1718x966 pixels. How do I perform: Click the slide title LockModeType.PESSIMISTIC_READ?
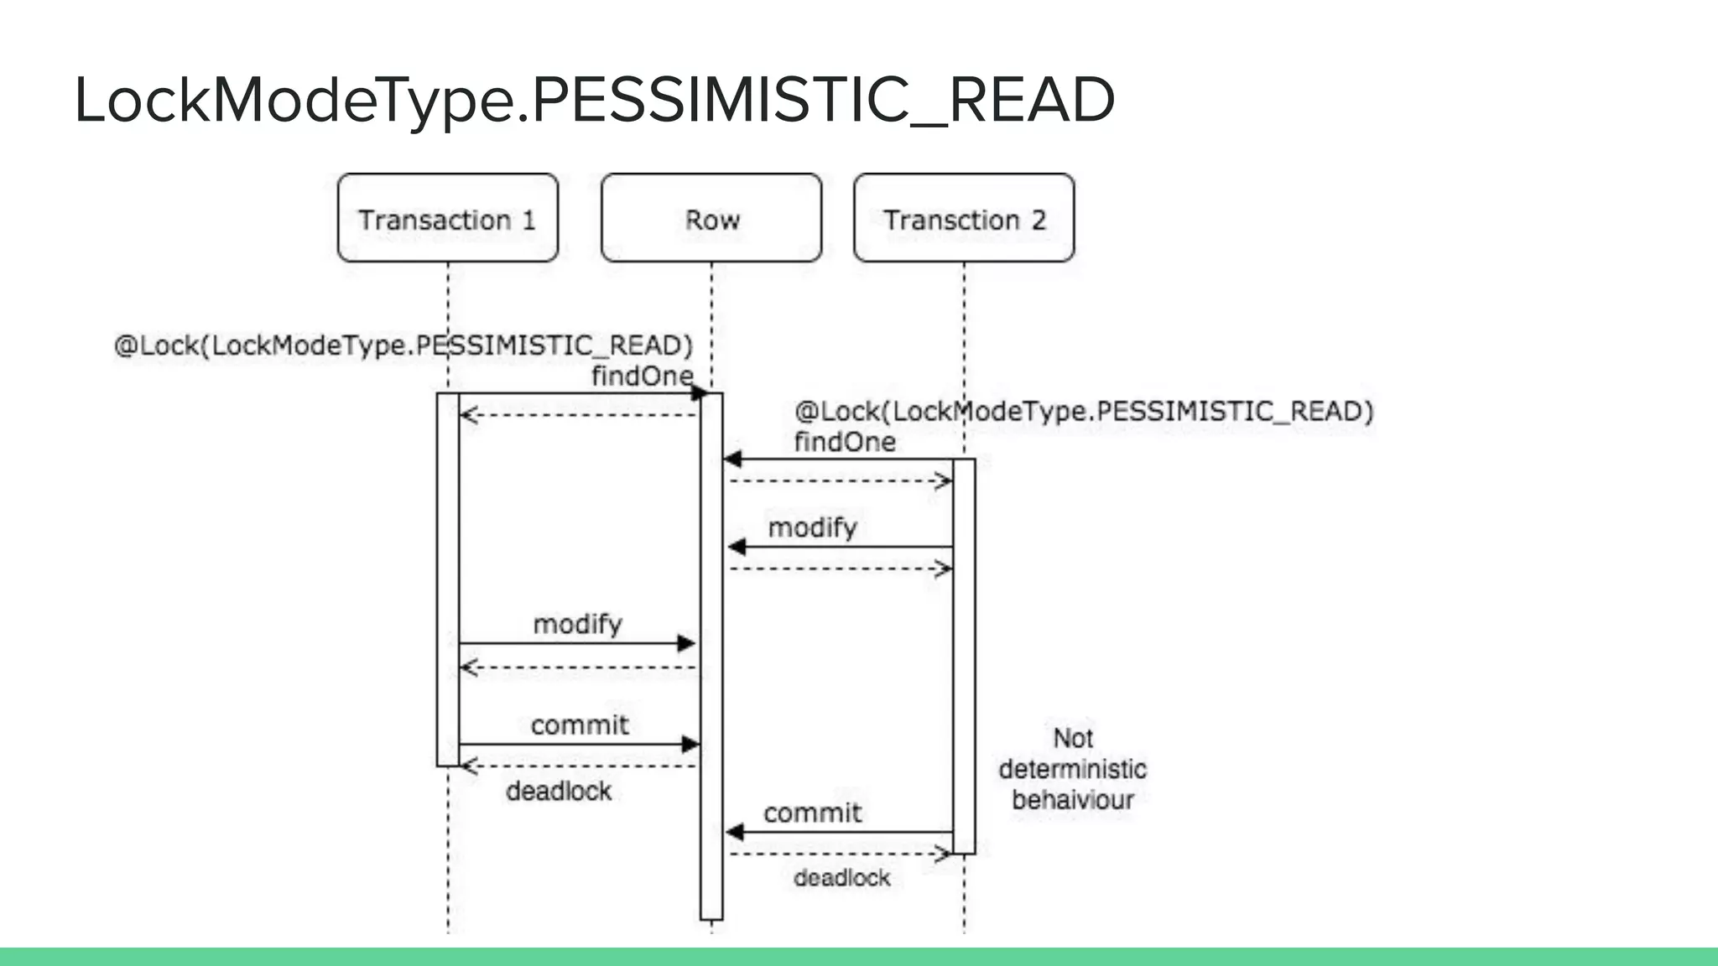[594, 101]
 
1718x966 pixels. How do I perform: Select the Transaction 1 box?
[447, 219]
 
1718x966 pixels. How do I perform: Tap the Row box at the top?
[711, 219]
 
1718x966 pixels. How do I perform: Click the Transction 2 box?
[964, 219]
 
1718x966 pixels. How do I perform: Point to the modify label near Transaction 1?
[577, 624]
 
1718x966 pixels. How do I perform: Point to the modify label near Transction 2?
[812, 527]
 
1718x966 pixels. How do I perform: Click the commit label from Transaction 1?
[579, 724]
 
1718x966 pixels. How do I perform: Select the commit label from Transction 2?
[812, 813]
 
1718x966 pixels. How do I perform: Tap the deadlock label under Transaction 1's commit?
[559, 791]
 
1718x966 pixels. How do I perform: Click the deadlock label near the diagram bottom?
[841, 878]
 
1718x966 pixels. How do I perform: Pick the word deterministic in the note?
[1072, 769]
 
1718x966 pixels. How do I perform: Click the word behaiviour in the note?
[1072, 800]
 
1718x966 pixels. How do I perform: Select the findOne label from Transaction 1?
[642, 376]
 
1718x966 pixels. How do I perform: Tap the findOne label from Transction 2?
[845, 442]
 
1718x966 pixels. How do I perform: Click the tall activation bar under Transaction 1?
[448, 579]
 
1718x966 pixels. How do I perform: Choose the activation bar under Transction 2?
[964, 654]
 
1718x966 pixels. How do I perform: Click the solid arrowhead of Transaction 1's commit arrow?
[690, 744]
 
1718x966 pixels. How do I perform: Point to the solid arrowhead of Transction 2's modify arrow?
[737, 547]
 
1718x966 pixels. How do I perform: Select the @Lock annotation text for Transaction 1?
[403, 345]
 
